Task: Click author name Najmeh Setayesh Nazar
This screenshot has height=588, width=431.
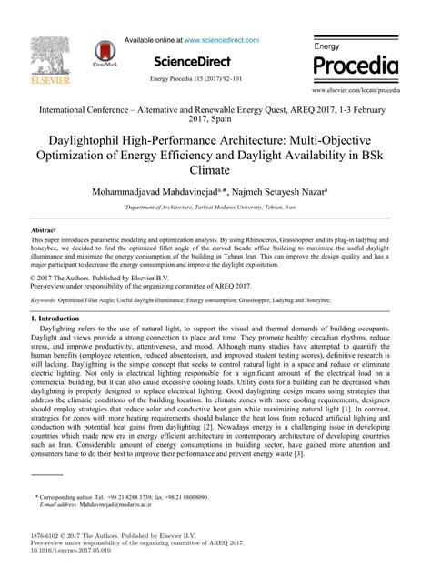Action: click(270, 192)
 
